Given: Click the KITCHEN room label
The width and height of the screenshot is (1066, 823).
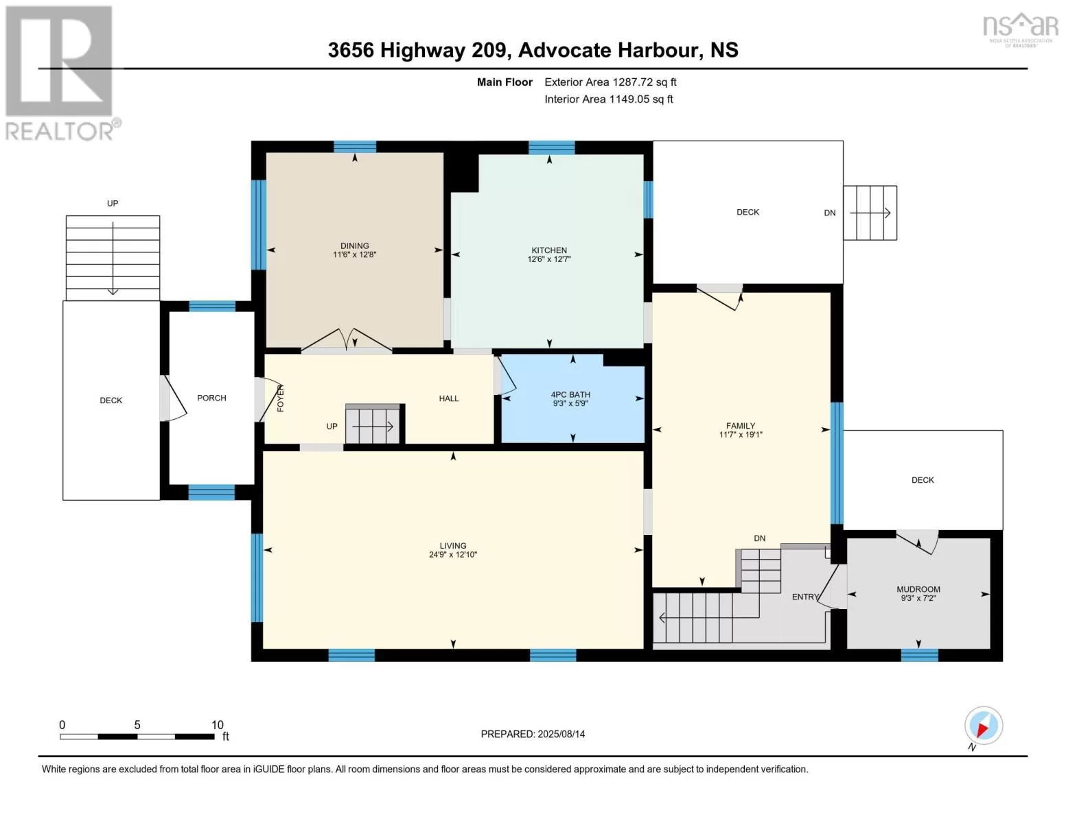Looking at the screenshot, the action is coord(549,250).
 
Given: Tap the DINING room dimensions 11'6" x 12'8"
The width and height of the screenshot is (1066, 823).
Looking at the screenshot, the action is coord(354,254).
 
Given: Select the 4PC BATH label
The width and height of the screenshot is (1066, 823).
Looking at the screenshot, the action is coord(570,394).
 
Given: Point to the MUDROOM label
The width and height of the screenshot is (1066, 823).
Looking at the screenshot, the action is coord(918,589).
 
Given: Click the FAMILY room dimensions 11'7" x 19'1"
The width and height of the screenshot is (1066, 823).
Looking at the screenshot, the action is coord(741,434).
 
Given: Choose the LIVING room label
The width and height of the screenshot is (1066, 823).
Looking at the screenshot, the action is coord(453,545).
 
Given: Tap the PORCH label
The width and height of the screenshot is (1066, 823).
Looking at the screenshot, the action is coord(211,398).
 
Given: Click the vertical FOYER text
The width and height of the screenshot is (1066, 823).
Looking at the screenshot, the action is coord(281,398).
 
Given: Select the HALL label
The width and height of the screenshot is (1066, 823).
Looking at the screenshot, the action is coord(449,398).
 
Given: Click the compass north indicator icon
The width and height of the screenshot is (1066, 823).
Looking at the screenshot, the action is coord(984,726).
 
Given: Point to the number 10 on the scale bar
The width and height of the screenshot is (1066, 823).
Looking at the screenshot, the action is coord(218,725).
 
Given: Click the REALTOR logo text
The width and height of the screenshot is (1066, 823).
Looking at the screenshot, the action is coord(60,131).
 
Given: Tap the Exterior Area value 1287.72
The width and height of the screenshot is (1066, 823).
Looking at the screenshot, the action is coord(634,82).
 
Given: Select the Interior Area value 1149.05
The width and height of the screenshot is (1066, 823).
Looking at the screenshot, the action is coord(630,99).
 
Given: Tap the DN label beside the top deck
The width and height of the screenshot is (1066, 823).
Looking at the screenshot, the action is coord(830,213).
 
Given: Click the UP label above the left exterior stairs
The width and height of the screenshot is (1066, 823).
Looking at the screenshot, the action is coord(113,203).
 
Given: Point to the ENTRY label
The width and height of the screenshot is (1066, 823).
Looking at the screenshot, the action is coord(806,597).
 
